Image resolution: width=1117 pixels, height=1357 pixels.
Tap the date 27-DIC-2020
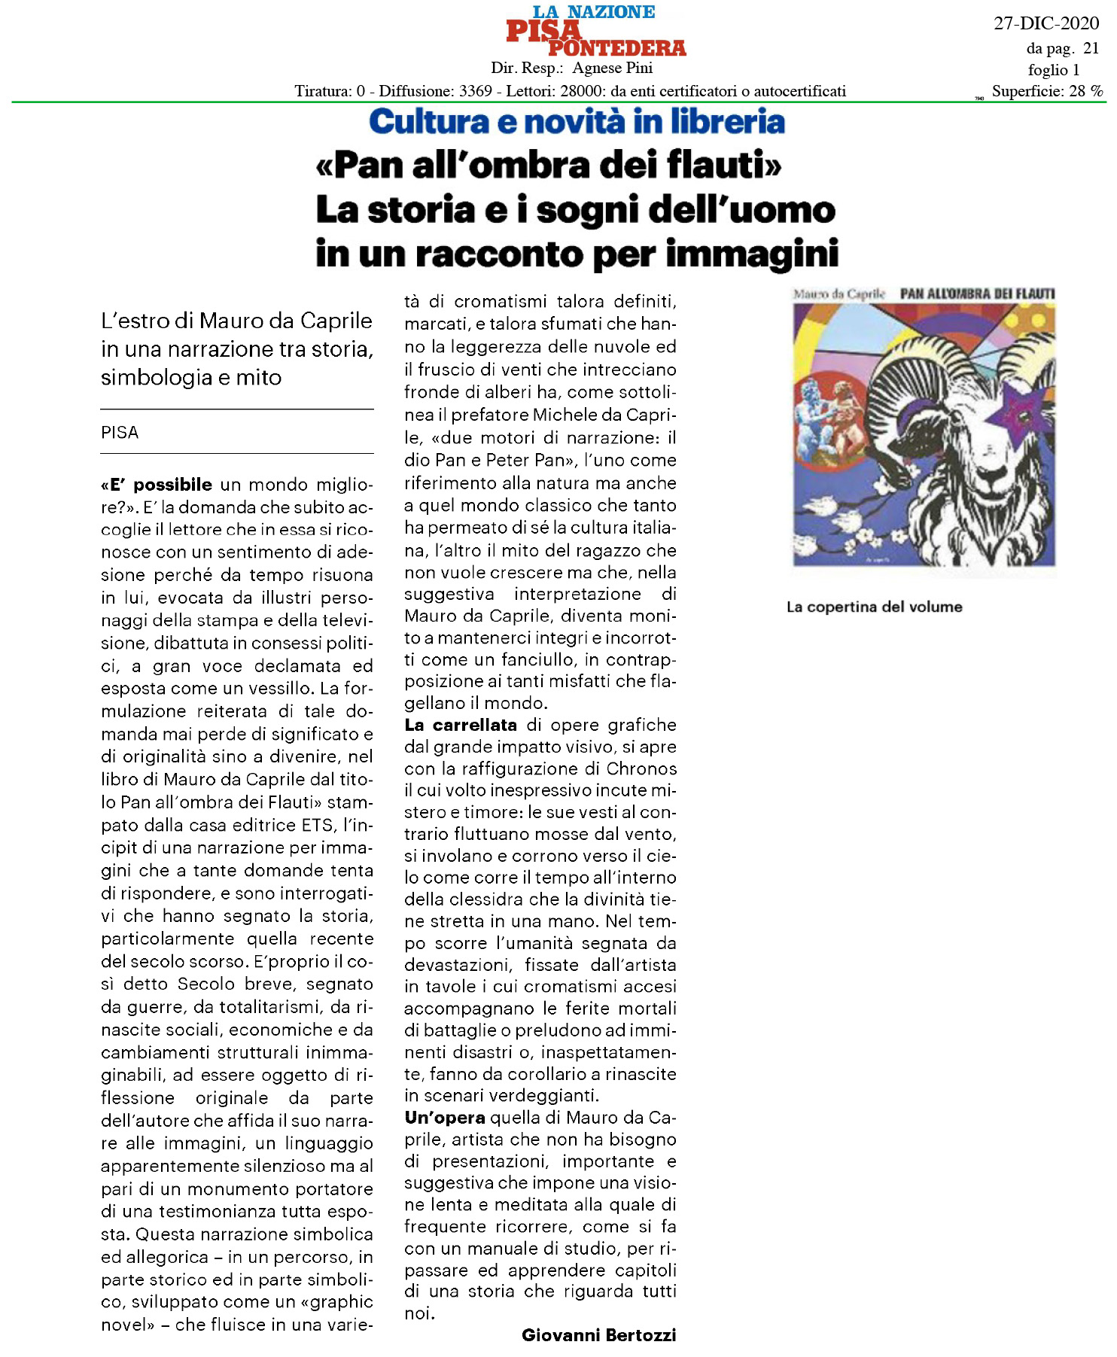click(1045, 23)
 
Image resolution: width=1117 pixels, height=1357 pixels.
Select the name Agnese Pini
click(612, 68)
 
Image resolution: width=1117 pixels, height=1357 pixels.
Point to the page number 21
click(1091, 49)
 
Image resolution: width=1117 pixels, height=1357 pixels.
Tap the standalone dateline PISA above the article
click(120, 433)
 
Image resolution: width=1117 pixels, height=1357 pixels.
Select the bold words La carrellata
click(461, 726)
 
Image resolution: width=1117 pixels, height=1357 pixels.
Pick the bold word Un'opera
click(444, 1118)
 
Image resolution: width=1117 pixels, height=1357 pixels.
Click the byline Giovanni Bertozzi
click(598, 1335)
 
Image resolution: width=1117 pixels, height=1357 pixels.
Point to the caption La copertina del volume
click(874, 607)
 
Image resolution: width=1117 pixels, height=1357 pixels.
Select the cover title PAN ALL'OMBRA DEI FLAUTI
click(977, 294)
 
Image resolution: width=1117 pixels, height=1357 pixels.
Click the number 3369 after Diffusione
click(475, 91)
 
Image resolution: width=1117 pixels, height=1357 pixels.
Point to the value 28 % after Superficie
click(1086, 91)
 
